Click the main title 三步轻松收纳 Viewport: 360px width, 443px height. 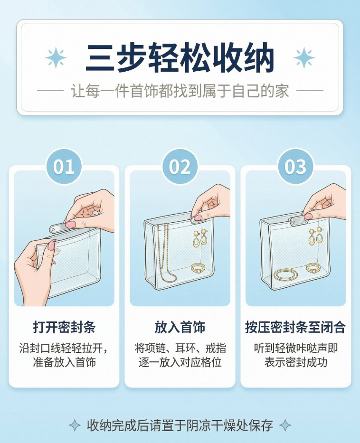tap(180, 58)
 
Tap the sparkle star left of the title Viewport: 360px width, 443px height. tap(56, 57)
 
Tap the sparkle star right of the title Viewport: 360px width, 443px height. tap(304, 57)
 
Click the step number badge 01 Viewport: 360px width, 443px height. tap(64, 166)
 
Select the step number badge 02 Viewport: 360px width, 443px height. tap(180, 166)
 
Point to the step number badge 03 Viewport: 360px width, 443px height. tap(295, 166)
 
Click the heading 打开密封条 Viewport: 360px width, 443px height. tap(64, 327)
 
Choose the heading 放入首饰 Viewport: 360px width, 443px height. tap(180, 327)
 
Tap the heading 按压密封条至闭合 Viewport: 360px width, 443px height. tap(295, 327)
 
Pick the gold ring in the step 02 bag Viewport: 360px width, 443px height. tap(198, 268)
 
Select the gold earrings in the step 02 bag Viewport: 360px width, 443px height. tap(200, 238)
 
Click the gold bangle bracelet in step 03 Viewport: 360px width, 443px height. tap(286, 274)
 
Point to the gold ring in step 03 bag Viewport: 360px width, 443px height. tap(313, 268)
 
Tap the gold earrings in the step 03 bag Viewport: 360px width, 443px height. tap(316, 236)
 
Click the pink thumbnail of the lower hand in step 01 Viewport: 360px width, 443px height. tap(51, 245)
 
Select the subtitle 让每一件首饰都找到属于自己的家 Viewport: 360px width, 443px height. tap(180, 91)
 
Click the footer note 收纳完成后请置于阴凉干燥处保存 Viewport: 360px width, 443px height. tap(180, 425)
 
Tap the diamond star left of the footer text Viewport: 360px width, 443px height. tap(75, 425)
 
